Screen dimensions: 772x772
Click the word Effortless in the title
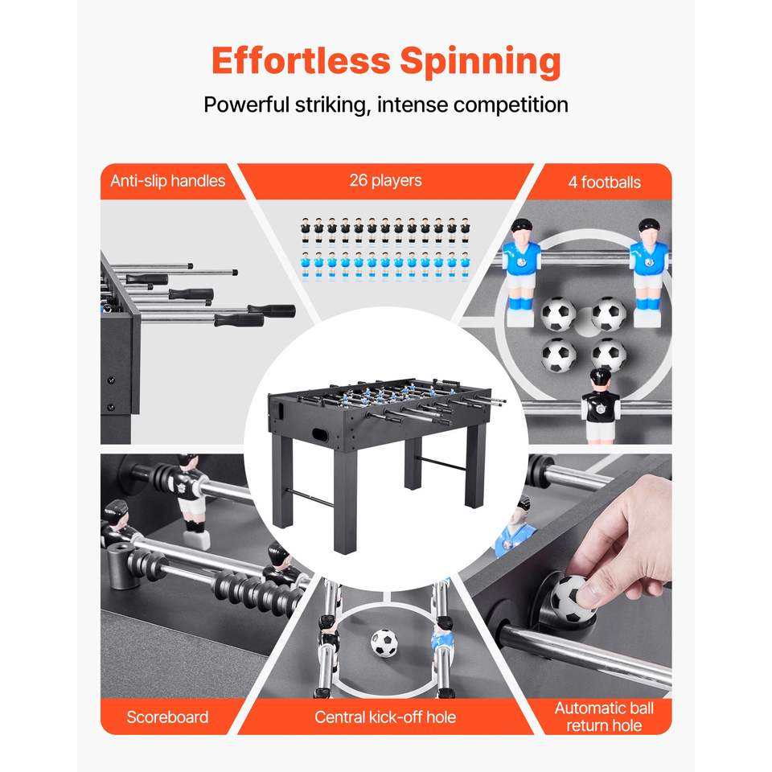click(301, 60)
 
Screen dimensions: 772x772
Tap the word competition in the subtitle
click(511, 105)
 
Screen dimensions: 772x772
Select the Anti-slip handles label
click(167, 181)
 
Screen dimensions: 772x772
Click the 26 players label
click(385, 180)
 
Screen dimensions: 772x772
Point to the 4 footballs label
click(604, 183)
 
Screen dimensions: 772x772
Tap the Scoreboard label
click(167, 717)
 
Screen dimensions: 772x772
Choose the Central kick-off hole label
click(385, 717)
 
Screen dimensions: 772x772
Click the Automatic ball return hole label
click(604, 717)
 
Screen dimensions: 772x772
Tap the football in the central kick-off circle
click(384, 643)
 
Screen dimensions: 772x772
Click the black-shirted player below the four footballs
click(600, 405)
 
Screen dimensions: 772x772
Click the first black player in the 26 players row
click(306, 230)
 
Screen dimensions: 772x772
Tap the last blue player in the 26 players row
click(465, 266)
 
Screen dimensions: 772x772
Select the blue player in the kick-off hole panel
click(442, 640)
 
